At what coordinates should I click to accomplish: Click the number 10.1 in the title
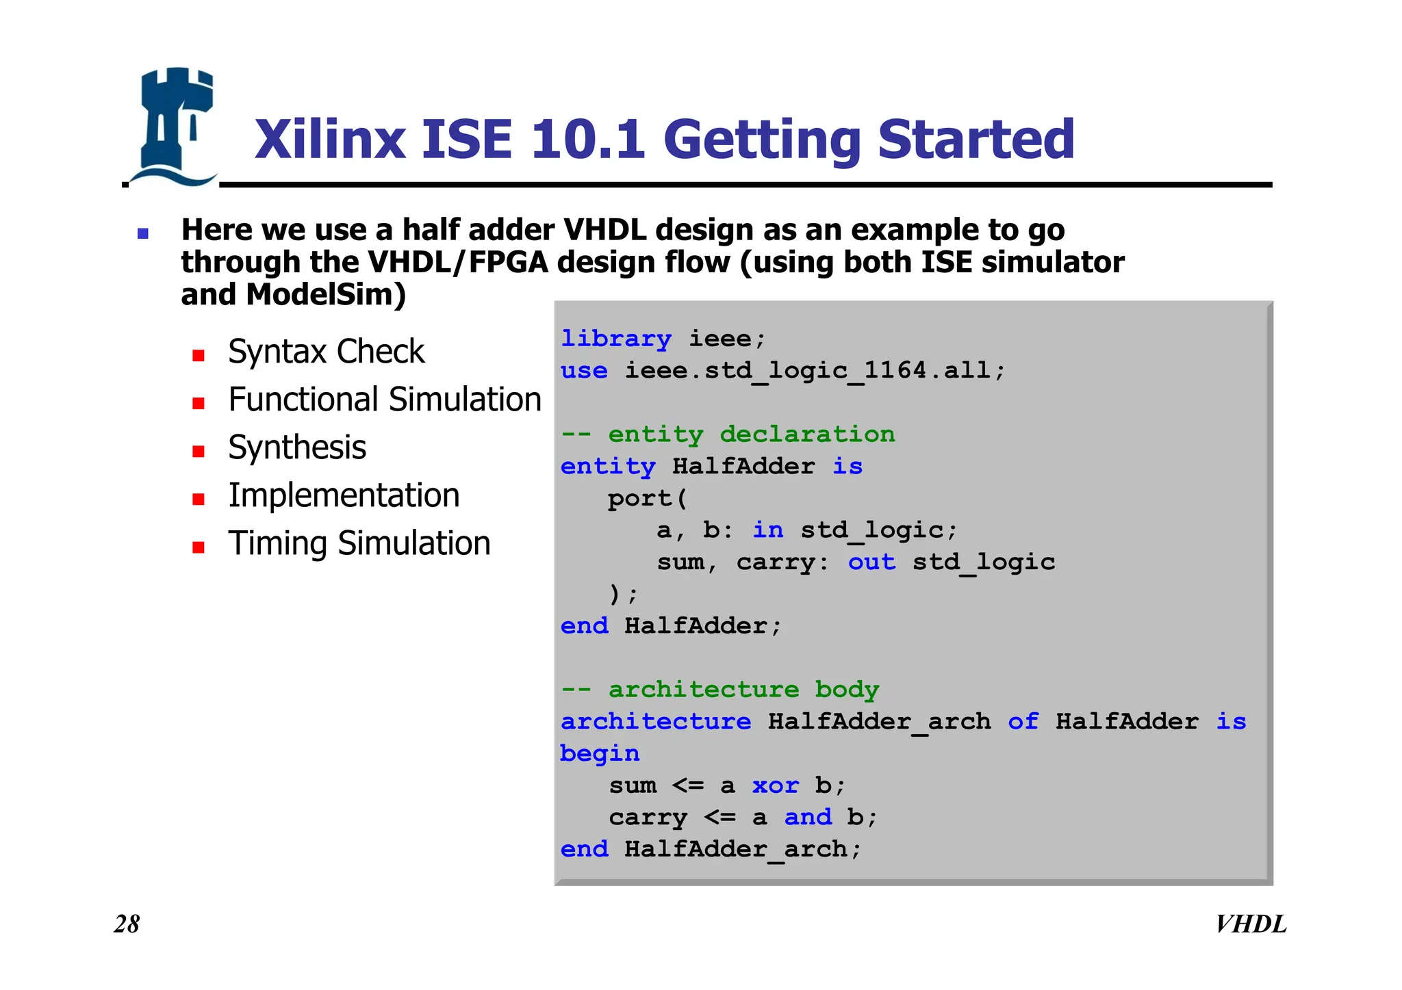[587, 140]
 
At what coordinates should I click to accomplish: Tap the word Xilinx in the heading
[330, 140]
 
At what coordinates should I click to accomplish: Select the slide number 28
[127, 924]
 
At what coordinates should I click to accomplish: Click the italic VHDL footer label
[1250, 924]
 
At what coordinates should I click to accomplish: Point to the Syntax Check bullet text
[326, 352]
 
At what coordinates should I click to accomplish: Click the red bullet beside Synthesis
[199, 451]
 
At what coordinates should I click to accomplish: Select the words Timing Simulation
[359, 543]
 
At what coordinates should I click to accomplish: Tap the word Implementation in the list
[344, 495]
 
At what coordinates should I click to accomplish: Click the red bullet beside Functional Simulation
[199, 403]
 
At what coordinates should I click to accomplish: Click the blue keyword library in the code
[615, 339]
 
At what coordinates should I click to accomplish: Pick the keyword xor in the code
[775, 785]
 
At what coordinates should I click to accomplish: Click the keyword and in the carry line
[808, 817]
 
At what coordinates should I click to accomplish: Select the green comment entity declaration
[728, 434]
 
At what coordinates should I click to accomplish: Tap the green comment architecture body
[719, 690]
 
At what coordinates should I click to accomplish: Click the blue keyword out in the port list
[871, 562]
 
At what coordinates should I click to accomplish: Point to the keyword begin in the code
[600, 753]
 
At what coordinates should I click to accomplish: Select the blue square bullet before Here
[143, 234]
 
